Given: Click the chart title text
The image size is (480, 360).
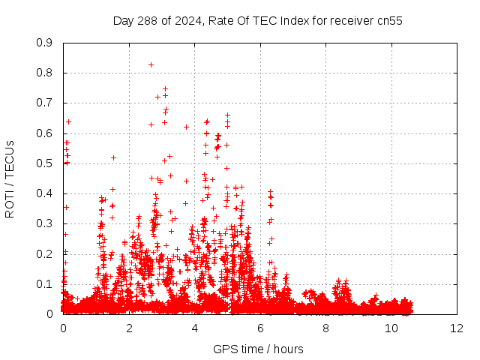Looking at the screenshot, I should [x=258, y=21].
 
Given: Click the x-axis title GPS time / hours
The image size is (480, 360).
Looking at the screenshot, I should [x=258, y=349].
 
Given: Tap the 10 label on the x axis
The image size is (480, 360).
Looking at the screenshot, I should [x=391, y=328].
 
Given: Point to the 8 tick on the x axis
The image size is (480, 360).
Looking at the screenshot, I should [x=326, y=328].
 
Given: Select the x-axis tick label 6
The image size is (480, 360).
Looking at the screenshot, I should [x=260, y=328].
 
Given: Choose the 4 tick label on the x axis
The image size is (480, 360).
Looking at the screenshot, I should [x=194, y=328].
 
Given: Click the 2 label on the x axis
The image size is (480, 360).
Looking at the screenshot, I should [x=129, y=328].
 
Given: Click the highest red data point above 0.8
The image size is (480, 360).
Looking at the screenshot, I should [x=151, y=64].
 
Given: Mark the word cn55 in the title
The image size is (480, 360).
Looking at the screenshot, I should [x=388, y=21].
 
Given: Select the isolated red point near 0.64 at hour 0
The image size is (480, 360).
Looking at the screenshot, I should [x=68, y=121].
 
